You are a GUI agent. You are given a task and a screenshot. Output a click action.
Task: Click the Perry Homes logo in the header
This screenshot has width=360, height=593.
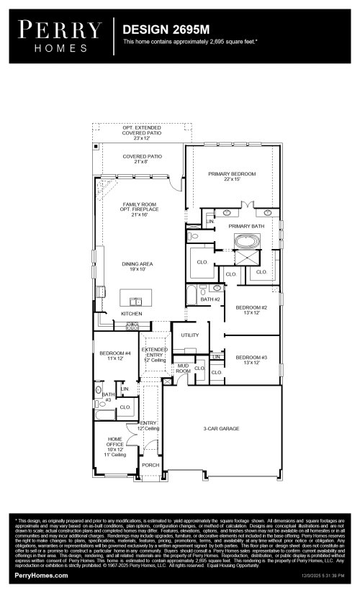(60, 35)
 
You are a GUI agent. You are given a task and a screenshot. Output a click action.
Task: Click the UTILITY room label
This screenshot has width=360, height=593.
(190, 335)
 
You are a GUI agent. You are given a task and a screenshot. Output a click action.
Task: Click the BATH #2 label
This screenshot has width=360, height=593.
(210, 299)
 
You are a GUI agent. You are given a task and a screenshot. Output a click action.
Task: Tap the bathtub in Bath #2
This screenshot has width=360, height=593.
(191, 296)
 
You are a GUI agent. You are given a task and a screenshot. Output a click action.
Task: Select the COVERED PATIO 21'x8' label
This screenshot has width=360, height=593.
(142, 159)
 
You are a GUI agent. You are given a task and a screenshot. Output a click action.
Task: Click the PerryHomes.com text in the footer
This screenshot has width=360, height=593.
(42, 576)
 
